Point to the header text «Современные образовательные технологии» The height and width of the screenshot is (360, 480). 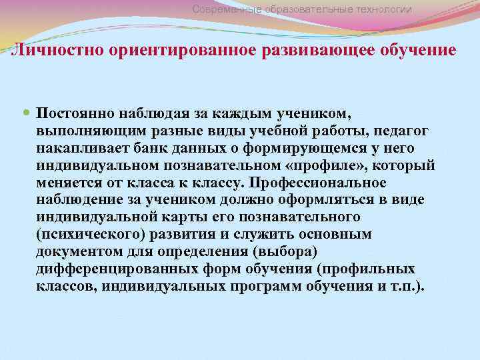click(301, 9)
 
